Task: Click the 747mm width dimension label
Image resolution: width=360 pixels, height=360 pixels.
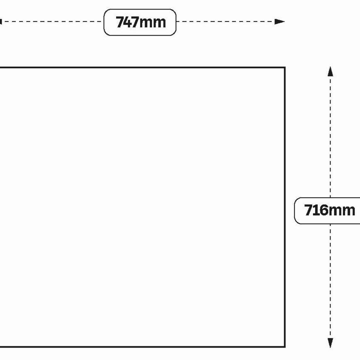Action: pyautogui.click(x=141, y=22)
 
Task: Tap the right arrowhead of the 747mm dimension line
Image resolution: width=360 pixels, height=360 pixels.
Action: pyautogui.click(x=280, y=22)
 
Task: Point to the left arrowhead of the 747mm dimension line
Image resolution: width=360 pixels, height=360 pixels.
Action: pyautogui.click(x=1, y=22)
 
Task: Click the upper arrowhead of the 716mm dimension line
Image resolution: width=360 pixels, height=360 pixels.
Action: pyautogui.click(x=330, y=71)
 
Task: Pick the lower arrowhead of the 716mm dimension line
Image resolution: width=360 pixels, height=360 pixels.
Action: pyautogui.click(x=330, y=343)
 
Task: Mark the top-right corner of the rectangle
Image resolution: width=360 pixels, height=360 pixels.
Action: pyautogui.click(x=285, y=68)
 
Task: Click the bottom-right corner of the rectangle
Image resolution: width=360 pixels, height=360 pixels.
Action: pyautogui.click(x=285, y=347)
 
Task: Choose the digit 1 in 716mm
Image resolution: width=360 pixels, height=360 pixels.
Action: pyautogui.click(x=315, y=210)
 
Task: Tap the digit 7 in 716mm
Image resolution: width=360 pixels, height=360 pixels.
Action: pyautogui.click(x=308, y=210)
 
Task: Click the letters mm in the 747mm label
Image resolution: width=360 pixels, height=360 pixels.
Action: pyautogui.click(x=153, y=23)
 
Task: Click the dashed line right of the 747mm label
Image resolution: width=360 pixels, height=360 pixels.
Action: pyautogui.click(x=226, y=22)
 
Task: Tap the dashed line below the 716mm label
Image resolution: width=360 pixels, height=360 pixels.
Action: pyautogui.click(x=330, y=281)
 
